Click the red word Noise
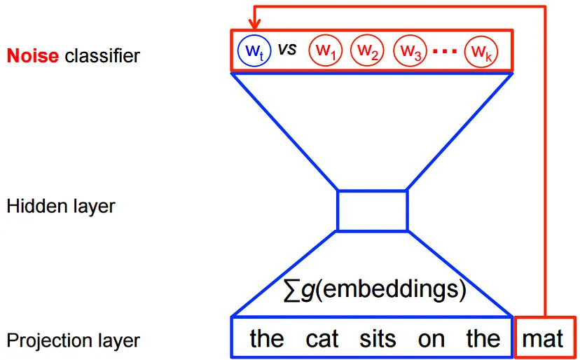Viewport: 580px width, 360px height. (x=33, y=55)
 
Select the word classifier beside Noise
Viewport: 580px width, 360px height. (x=102, y=55)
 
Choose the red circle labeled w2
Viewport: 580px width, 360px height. (x=368, y=50)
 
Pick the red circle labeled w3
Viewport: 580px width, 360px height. (x=410, y=50)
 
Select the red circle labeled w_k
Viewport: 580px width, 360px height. (x=481, y=50)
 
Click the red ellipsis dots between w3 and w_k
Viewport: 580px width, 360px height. (x=445, y=51)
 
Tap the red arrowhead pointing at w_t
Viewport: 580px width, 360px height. (x=254, y=27)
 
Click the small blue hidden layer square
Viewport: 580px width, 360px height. (x=372, y=210)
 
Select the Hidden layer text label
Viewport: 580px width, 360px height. (x=60, y=206)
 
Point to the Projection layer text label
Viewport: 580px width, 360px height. (x=73, y=340)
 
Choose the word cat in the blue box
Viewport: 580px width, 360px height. (x=322, y=339)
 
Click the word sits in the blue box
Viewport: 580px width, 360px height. (x=378, y=339)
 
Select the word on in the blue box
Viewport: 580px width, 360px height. (x=431, y=340)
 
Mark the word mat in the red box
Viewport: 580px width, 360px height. (x=543, y=339)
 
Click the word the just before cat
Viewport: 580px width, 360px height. (x=267, y=339)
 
